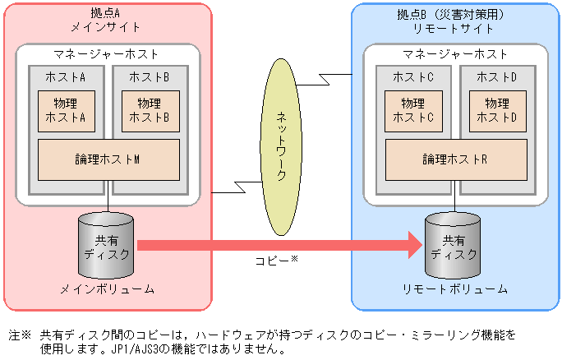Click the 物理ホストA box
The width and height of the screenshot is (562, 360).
tap(67, 110)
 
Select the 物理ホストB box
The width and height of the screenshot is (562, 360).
tap(150, 110)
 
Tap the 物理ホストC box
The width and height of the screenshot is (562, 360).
tap(413, 110)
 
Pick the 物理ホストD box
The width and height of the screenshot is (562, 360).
tap(497, 110)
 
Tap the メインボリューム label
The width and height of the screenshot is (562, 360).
tap(107, 290)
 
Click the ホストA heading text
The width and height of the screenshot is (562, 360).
tap(67, 76)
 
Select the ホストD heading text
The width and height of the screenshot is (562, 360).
tap(497, 76)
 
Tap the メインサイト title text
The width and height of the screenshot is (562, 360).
tap(107, 27)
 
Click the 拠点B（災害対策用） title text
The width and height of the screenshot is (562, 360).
tap(455, 13)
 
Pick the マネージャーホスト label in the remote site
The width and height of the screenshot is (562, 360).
tap(455, 55)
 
